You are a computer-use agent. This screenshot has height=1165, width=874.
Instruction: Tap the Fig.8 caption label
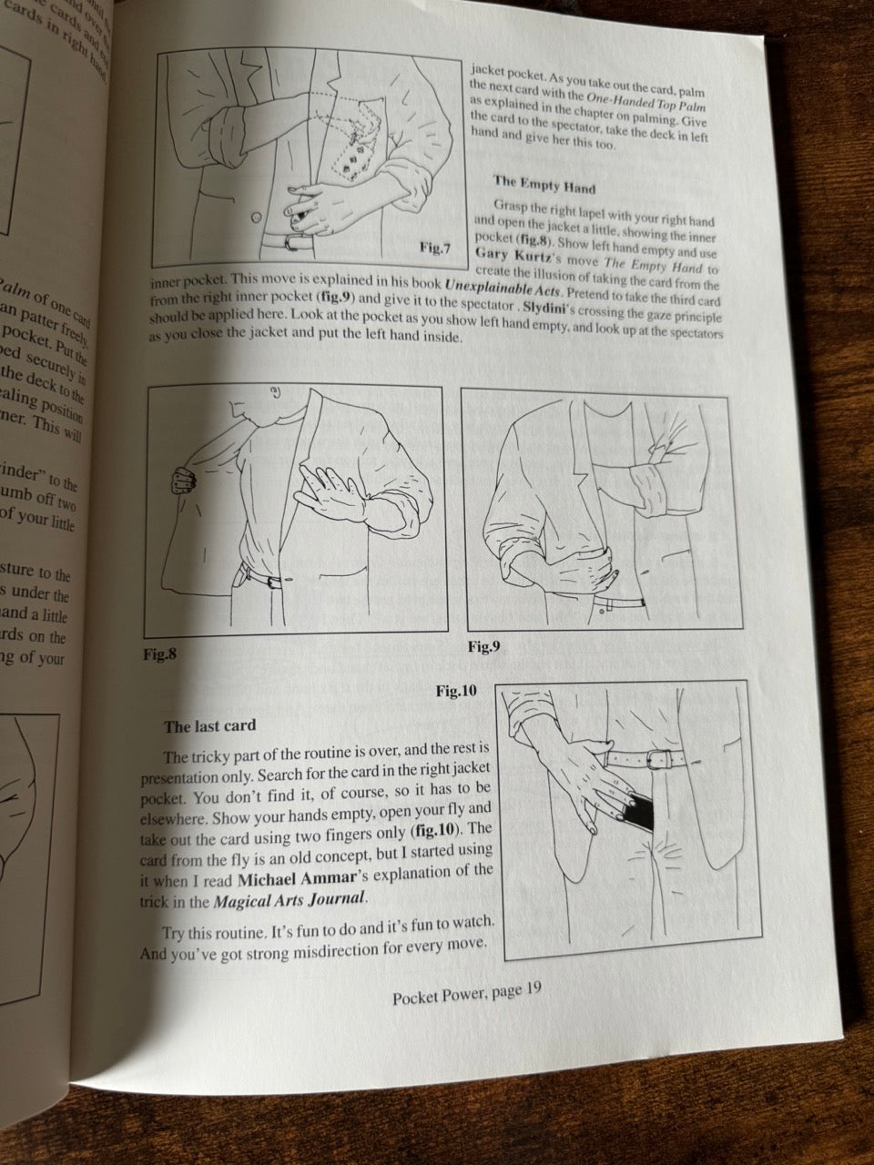pyautogui.click(x=160, y=653)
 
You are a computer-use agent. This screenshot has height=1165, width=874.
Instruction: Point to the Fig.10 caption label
pyautogui.click(x=456, y=691)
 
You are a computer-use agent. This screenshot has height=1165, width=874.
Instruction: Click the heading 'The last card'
pyautogui.click(x=209, y=726)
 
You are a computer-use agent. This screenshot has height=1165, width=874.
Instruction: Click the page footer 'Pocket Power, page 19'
pyautogui.click(x=467, y=995)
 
